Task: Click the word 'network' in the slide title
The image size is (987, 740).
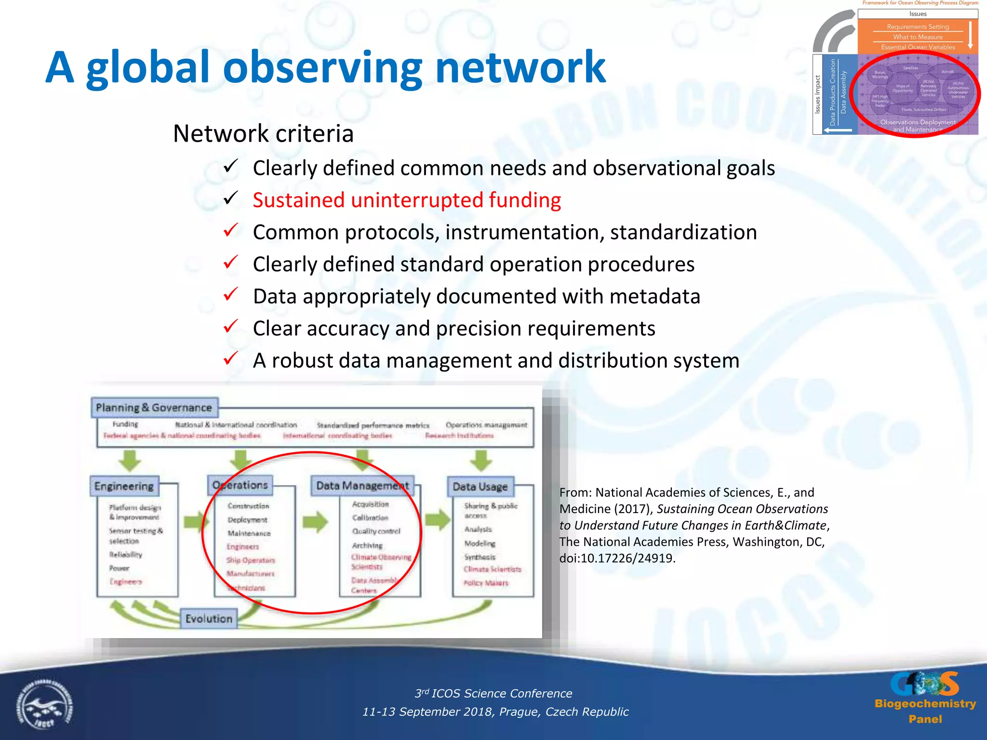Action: tap(520, 67)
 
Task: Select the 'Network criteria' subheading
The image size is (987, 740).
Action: tap(263, 133)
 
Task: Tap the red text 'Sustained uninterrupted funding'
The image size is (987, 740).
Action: tap(407, 200)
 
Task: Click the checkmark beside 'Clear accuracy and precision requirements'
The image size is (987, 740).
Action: tap(231, 327)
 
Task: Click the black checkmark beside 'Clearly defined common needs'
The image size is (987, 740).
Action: tap(231, 167)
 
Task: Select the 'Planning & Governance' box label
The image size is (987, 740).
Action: tap(154, 408)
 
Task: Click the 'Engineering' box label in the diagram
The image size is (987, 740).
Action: tap(124, 486)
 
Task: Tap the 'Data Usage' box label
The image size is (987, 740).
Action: tap(480, 487)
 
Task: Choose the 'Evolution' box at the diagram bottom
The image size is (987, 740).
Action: tap(209, 619)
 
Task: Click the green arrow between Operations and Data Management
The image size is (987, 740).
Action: tap(316, 521)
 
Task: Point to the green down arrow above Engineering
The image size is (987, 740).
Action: tap(130, 461)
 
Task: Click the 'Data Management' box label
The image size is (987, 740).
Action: tap(362, 486)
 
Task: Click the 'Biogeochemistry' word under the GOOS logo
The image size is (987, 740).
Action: tap(925, 704)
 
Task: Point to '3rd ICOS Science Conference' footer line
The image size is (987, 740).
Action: tap(493, 693)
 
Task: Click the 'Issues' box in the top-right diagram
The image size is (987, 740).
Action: tap(918, 14)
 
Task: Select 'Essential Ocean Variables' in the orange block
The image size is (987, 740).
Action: tap(918, 47)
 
